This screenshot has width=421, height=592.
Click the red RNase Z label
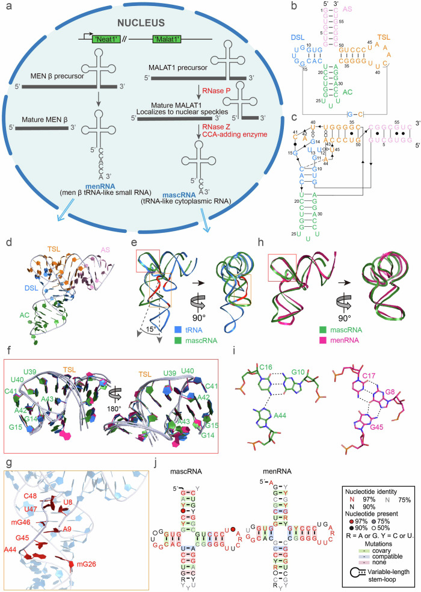[197, 127]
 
